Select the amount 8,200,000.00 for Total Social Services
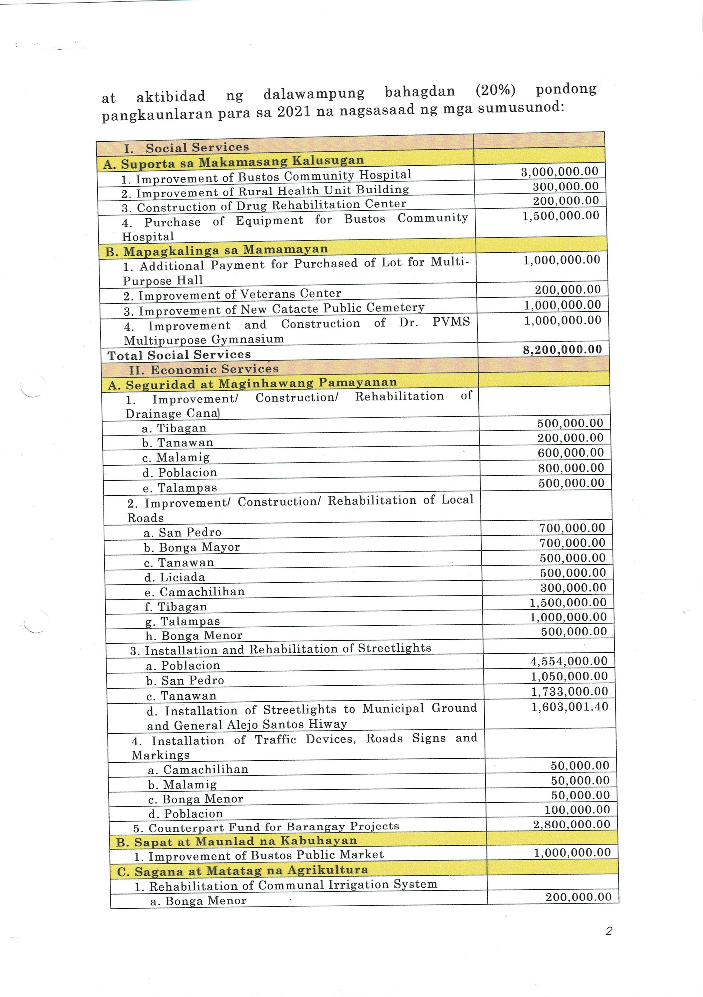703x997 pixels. [x=562, y=350]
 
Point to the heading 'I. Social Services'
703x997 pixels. [x=186, y=148]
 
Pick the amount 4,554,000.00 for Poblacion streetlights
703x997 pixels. [x=569, y=661]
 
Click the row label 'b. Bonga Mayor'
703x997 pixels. [x=192, y=547]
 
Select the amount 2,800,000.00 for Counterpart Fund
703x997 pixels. [x=572, y=824]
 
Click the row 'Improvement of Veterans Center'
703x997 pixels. [x=232, y=295]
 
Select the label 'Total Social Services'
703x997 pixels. [x=179, y=355]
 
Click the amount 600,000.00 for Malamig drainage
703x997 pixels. [x=571, y=452]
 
